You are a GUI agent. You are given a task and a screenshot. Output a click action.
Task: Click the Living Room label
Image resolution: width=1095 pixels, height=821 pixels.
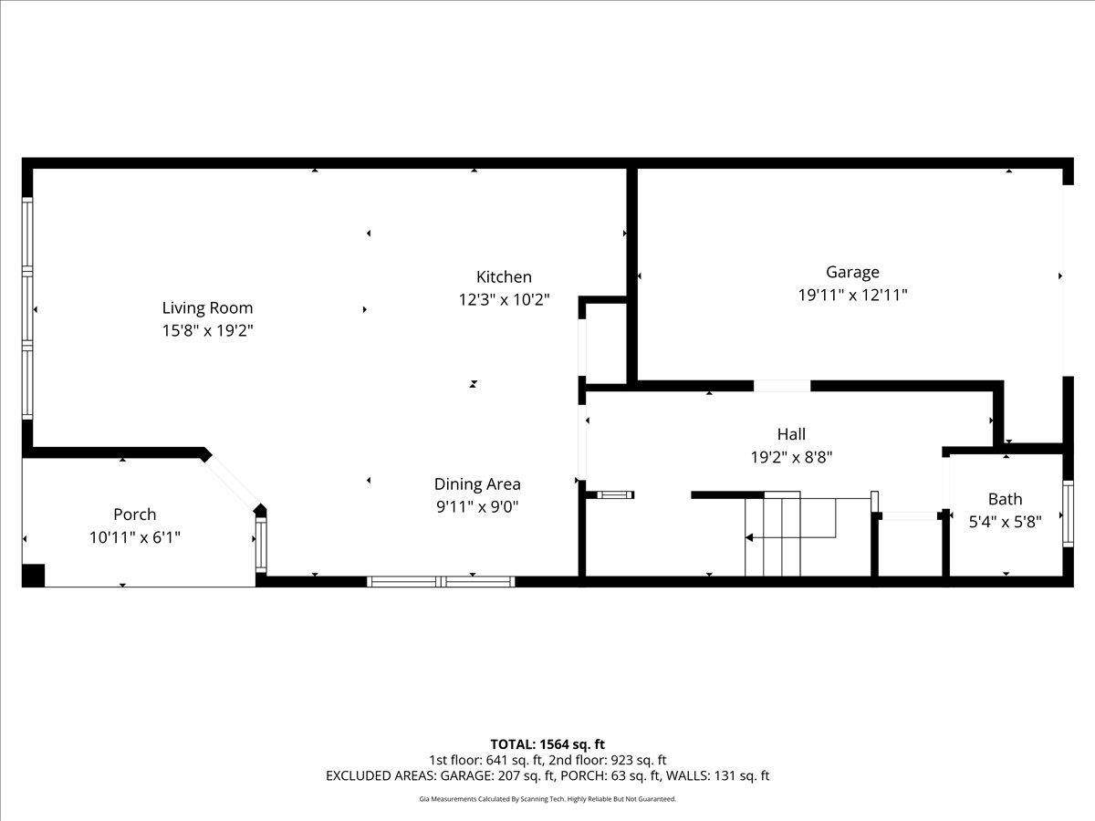tap(207, 308)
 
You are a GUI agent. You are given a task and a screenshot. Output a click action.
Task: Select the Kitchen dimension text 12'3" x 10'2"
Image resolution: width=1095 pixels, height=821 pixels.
tap(504, 299)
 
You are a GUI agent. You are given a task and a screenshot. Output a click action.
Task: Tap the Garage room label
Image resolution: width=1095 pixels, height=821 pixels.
tap(852, 272)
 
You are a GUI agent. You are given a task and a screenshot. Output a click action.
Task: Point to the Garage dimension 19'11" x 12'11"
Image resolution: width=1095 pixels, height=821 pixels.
tap(852, 295)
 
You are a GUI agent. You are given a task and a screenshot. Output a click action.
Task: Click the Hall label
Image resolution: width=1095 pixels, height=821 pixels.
tap(791, 434)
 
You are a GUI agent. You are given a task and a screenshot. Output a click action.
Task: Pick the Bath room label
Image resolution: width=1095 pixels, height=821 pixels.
tap(1005, 499)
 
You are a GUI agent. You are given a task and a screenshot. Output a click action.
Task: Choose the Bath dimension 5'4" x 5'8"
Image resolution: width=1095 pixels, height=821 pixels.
tap(1005, 522)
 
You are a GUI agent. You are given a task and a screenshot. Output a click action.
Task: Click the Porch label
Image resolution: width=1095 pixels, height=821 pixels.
tap(134, 514)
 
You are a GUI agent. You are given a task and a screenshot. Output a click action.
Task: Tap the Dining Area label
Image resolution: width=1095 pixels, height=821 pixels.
tap(477, 484)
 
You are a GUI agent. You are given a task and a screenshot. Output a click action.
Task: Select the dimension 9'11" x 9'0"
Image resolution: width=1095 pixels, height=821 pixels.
tap(477, 506)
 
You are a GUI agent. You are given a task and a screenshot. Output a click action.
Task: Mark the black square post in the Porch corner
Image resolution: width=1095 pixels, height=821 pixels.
tap(33, 576)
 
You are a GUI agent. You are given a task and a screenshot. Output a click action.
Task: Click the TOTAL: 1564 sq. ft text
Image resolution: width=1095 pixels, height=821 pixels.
tap(547, 744)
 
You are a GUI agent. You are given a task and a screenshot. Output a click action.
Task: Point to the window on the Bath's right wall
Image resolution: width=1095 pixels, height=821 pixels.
tap(1068, 514)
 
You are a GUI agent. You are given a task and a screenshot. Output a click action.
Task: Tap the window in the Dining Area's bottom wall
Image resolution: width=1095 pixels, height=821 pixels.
tap(441, 581)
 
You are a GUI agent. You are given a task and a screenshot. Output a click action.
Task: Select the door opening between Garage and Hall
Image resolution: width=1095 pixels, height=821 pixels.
tap(782, 386)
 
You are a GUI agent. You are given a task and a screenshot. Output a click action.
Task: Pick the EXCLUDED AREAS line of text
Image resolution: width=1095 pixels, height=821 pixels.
tap(547, 775)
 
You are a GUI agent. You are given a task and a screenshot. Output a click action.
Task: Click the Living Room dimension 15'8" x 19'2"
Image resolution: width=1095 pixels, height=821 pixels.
tap(207, 331)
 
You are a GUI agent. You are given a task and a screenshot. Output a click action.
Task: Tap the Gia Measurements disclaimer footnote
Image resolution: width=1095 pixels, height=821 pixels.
tap(547, 799)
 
